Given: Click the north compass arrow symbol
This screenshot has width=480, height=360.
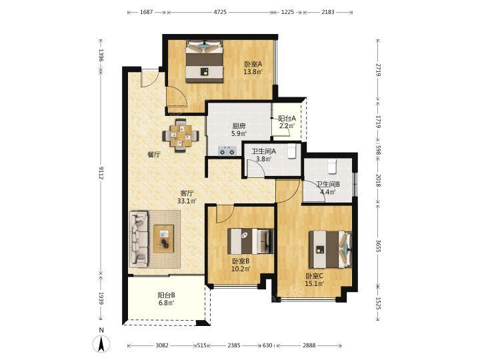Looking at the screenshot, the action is (101, 343).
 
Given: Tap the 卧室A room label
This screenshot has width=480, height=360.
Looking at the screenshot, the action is (253, 64).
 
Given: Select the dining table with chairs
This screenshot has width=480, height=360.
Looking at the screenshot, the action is (181, 135).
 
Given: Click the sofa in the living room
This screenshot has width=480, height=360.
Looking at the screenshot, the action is (139, 238).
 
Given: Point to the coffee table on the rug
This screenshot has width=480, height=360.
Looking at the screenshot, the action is (164, 239).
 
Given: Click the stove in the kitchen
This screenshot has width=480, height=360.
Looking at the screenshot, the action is (227, 151).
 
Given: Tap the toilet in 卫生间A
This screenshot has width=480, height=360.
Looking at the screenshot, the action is (291, 151).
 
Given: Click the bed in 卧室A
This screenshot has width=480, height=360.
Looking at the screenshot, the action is (204, 61).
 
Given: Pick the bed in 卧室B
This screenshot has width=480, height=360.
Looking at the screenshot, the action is (251, 241).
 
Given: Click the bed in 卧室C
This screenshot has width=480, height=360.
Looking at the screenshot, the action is (330, 249).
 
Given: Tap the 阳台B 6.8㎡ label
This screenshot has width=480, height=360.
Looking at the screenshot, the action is (166, 299).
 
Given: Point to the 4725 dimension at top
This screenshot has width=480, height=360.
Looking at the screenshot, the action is (220, 12).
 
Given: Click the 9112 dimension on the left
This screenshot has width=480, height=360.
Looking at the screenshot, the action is (101, 173).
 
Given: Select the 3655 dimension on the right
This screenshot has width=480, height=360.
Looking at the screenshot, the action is (378, 245).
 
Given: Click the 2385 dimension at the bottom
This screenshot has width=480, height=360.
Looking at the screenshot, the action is (234, 345).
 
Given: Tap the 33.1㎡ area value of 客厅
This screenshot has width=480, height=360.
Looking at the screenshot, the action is (187, 201).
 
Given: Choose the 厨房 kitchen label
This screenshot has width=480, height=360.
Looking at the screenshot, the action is (239, 126).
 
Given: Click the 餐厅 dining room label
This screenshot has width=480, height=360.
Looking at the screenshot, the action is (154, 155).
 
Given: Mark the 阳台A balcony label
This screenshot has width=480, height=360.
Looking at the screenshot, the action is (287, 118).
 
